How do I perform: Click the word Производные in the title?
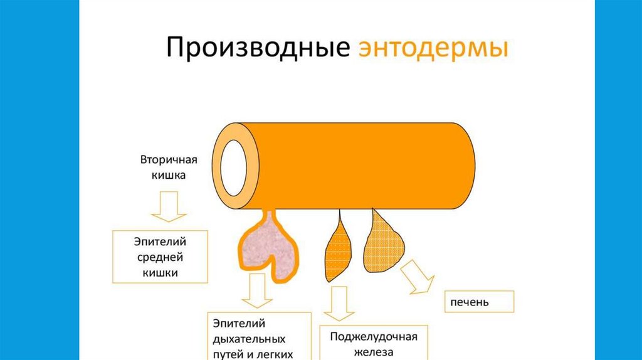258,49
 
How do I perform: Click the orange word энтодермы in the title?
433,49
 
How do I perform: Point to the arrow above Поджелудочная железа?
337,302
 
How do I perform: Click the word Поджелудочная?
374,336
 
